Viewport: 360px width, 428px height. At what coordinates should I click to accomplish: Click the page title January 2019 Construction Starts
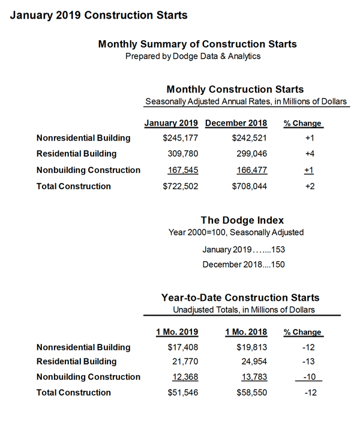coord(98,14)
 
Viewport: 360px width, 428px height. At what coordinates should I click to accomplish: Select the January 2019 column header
coord(171,123)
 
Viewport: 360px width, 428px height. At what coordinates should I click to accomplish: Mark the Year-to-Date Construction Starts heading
coord(240,297)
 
